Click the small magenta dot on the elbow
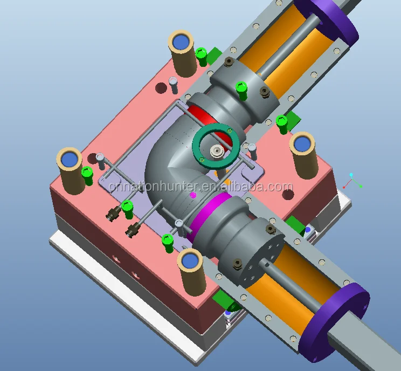(x=193, y=195)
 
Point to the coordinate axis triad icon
(x=352, y=181)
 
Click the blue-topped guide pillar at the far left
(x=70, y=171)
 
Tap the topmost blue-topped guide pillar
(x=182, y=53)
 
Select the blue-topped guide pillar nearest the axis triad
(x=304, y=155)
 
